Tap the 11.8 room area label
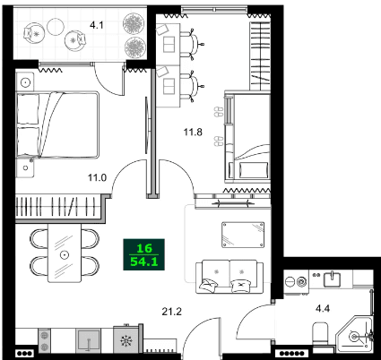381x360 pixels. (x=193, y=132)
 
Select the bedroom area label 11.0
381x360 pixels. (x=97, y=178)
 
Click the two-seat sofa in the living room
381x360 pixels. (x=229, y=274)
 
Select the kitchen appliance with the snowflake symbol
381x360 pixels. (x=124, y=340)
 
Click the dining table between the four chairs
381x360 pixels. (x=65, y=253)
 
